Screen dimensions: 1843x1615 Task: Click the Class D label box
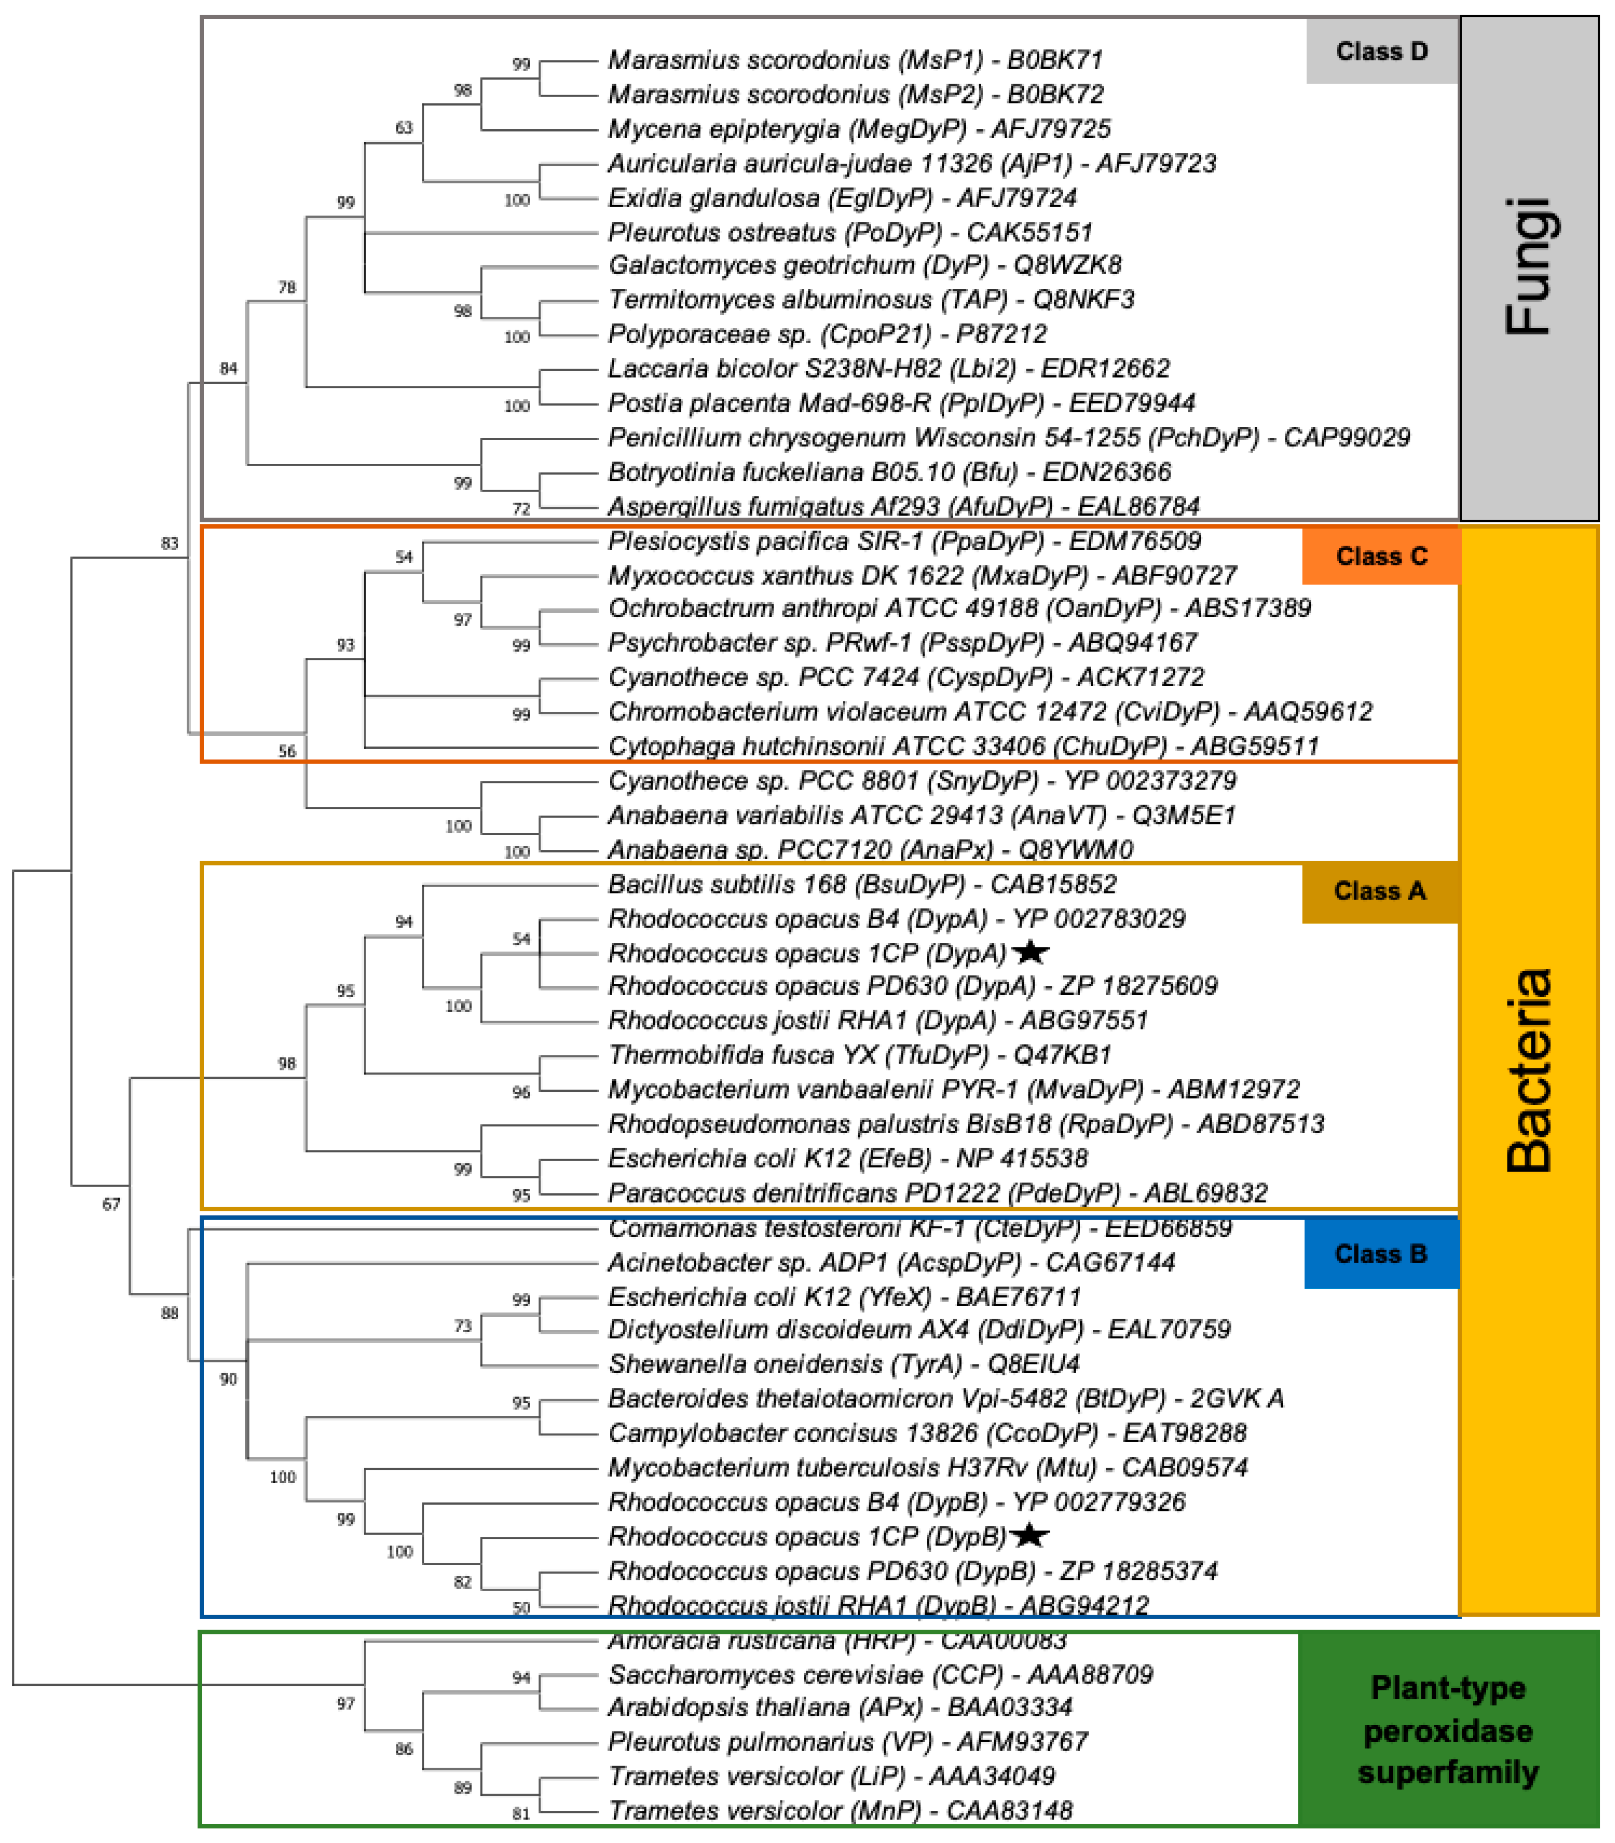point(1381,51)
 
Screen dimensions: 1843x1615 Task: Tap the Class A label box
point(1380,891)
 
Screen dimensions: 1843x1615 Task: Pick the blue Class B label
point(1381,1254)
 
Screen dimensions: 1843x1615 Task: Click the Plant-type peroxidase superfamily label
point(1448,1730)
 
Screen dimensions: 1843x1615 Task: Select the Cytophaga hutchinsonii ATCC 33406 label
point(963,746)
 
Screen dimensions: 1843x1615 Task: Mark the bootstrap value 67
point(111,1204)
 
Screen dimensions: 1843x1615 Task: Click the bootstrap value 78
point(286,287)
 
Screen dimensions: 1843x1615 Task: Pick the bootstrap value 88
point(170,1313)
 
